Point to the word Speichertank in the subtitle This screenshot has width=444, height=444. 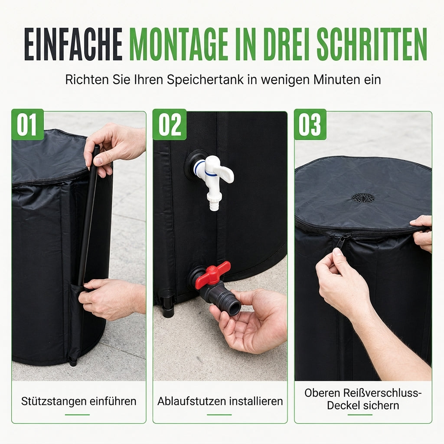pos(205,80)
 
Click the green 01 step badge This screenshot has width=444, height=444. pos(27,124)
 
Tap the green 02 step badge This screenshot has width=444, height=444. pos(170,124)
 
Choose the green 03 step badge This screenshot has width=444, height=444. pos(310,124)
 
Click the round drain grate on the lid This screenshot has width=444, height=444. pos(363,197)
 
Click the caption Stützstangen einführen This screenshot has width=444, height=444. pos(79,401)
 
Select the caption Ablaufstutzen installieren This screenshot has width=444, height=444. pos(220,401)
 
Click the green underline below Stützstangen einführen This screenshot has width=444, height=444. pos(77,415)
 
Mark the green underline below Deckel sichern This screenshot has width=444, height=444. pos(360,415)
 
